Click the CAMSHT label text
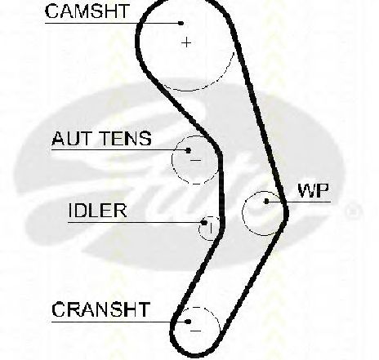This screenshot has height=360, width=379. tap(87, 11)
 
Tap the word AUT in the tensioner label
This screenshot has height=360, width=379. tap(71, 138)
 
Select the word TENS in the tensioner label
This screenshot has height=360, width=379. tap(127, 138)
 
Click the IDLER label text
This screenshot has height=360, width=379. tap(97, 211)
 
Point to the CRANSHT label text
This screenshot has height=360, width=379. tap(101, 309)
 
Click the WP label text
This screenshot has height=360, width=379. tap(314, 190)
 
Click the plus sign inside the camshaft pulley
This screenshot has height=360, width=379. tap(186, 42)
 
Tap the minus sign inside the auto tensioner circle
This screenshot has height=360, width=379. tap(195, 160)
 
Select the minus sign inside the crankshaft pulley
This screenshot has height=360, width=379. tap(195, 331)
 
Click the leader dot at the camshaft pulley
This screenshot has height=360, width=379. tap(181, 23)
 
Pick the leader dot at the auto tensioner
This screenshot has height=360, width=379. tap(188, 150)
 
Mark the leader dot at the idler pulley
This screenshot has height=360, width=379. tap(204, 223)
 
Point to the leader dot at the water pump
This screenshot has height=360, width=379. tap(266, 202)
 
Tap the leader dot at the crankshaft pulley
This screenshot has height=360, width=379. tap(188, 322)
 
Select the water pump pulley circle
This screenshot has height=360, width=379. tap(243, 213)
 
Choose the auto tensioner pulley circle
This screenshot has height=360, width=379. tap(172, 161)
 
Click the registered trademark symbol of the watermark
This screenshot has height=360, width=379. tap(353, 211)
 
